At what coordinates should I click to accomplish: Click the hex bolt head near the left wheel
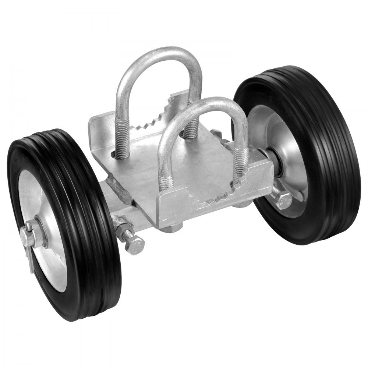(134, 245)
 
